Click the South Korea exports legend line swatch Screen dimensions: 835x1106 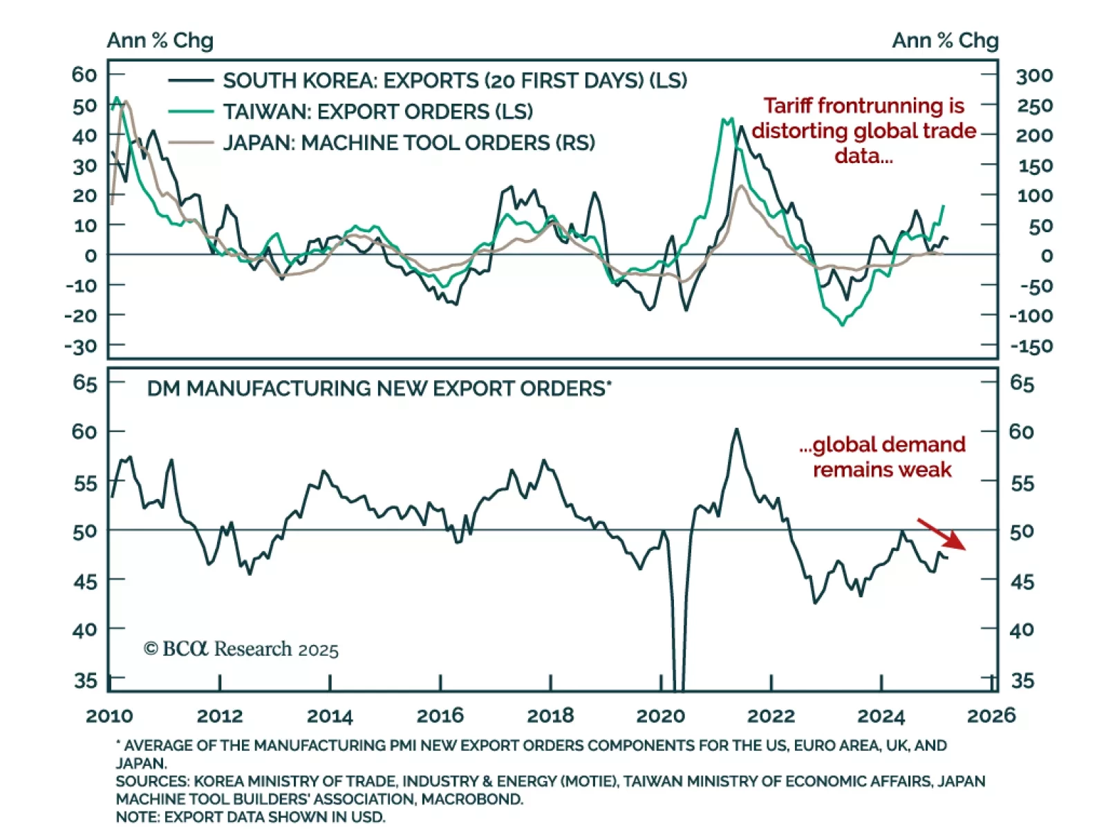coord(190,81)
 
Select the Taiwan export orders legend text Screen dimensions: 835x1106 coord(377,111)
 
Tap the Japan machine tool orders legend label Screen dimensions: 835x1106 coord(409,142)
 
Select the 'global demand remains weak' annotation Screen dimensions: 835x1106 coord(882,457)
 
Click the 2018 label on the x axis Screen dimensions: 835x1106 coord(550,715)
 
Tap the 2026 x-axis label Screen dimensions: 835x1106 coord(991,715)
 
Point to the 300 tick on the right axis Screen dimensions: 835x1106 coord(1033,75)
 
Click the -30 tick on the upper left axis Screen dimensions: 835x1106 coord(81,346)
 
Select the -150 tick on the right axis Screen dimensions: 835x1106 coord(1031,346)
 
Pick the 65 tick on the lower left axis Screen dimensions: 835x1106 coord(84,383)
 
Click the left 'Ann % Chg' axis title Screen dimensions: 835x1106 coord(160,41)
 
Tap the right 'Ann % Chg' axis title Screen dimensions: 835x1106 coord(945,41)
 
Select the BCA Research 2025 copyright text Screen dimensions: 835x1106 coord(241,649)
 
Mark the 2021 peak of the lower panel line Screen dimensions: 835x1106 coord(736,429)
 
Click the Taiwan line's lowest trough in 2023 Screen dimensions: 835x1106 coord(842,325)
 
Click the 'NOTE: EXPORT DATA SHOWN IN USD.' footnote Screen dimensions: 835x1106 coord(250,817)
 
